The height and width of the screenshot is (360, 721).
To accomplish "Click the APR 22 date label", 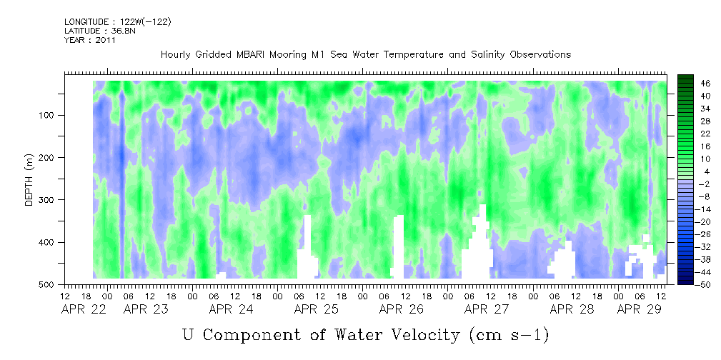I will (84, 309).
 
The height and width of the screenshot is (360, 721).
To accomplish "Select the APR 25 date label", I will (316, 309).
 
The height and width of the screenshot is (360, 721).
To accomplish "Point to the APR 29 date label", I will (639, 309).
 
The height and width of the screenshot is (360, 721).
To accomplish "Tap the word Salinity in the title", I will (457, 55).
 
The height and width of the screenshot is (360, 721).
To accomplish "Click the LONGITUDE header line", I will (117, 22).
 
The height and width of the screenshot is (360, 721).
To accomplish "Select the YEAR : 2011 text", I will (90, 40).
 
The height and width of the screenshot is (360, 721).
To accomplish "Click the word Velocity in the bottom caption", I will (415, 334).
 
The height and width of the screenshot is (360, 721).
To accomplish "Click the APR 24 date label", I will (231, 309).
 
